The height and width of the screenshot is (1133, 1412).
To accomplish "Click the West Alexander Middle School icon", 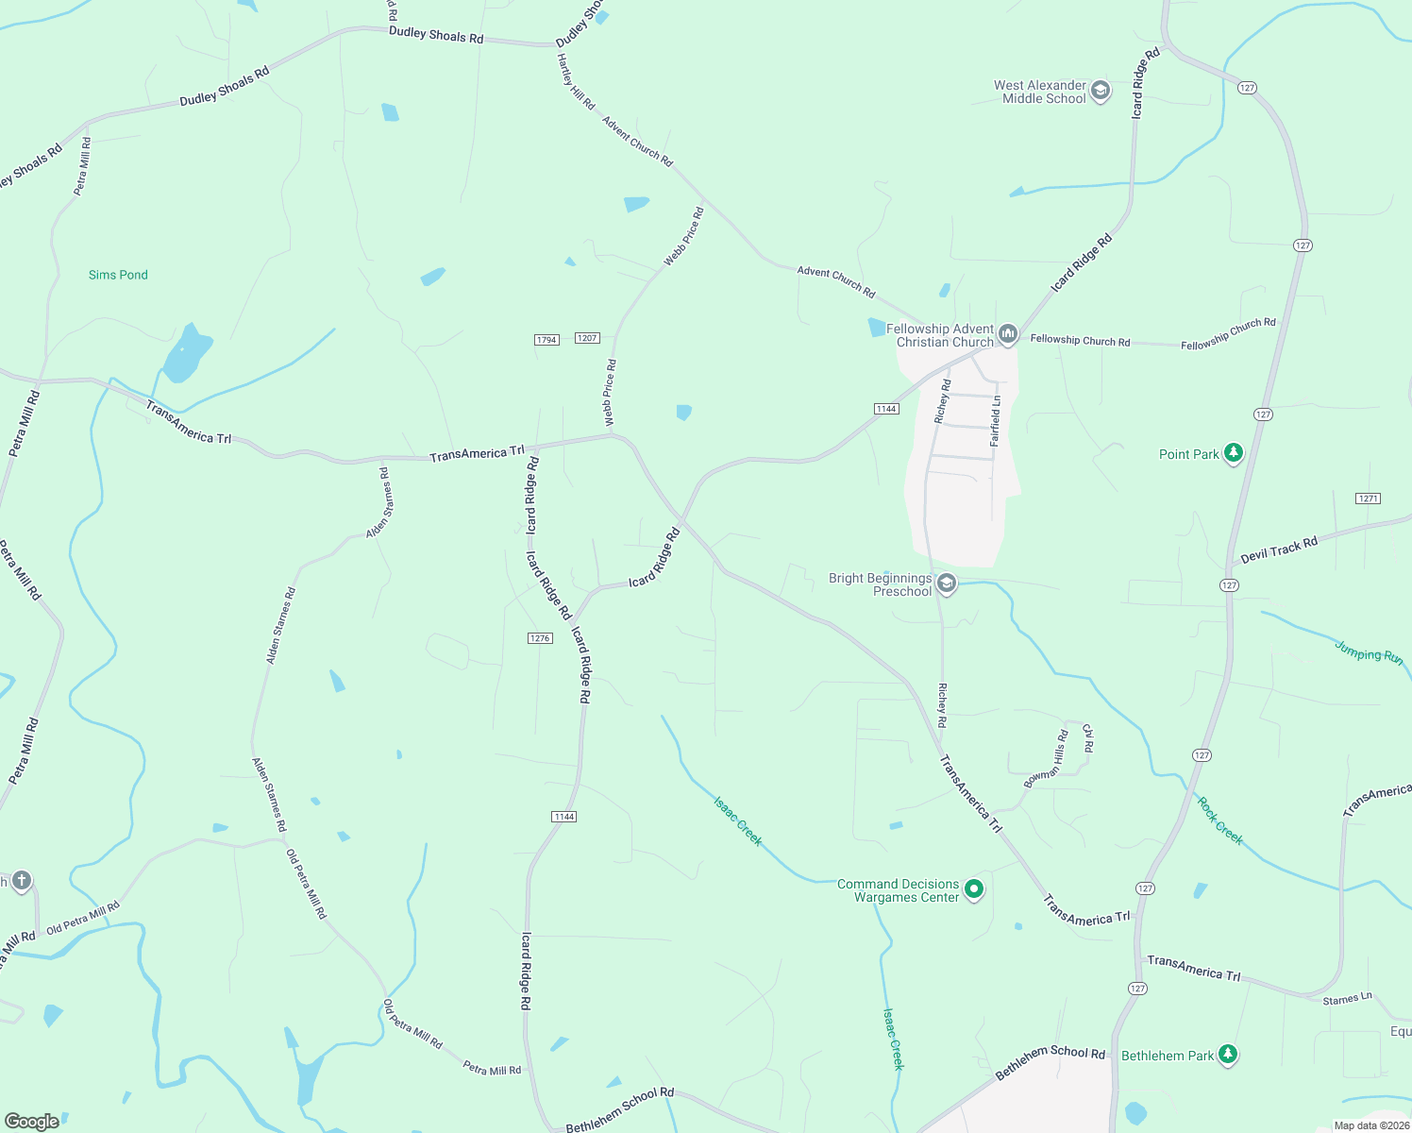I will click(1100, 91).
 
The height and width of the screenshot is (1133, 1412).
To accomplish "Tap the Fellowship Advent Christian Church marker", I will click(1008, 334).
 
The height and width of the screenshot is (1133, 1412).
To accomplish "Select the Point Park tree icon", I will click(1233, 454).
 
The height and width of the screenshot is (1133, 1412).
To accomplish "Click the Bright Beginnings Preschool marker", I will click(947, 583).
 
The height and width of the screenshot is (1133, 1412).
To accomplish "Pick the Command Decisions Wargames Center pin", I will click(975, 889).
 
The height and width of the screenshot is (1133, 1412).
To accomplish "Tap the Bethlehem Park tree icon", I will click(1227, 1055).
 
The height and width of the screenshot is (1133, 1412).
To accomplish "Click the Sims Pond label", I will click(118, 275).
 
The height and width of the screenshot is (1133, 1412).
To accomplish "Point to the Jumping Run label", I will click(1369, 651).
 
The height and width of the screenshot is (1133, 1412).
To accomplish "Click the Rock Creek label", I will click(1219, 820).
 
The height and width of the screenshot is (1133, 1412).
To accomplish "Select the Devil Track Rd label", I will click(1279, 550).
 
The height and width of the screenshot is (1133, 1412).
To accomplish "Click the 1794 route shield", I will click(546, 340).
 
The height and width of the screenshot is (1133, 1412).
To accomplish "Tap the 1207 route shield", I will click(587, 338).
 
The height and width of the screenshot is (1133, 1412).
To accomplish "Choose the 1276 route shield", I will click(540, 638).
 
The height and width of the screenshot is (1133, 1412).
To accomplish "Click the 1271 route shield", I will click(1368, 499).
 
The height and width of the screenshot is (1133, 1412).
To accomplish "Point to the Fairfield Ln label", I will click(995, 421).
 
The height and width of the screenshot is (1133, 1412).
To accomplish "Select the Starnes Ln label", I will click(1347, 999).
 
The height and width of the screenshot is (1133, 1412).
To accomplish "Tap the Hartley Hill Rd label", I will click(576, 82).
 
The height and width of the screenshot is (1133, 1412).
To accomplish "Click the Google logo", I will click(31, 1122).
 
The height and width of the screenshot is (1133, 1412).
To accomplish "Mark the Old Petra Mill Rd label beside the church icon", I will click(83, 919).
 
